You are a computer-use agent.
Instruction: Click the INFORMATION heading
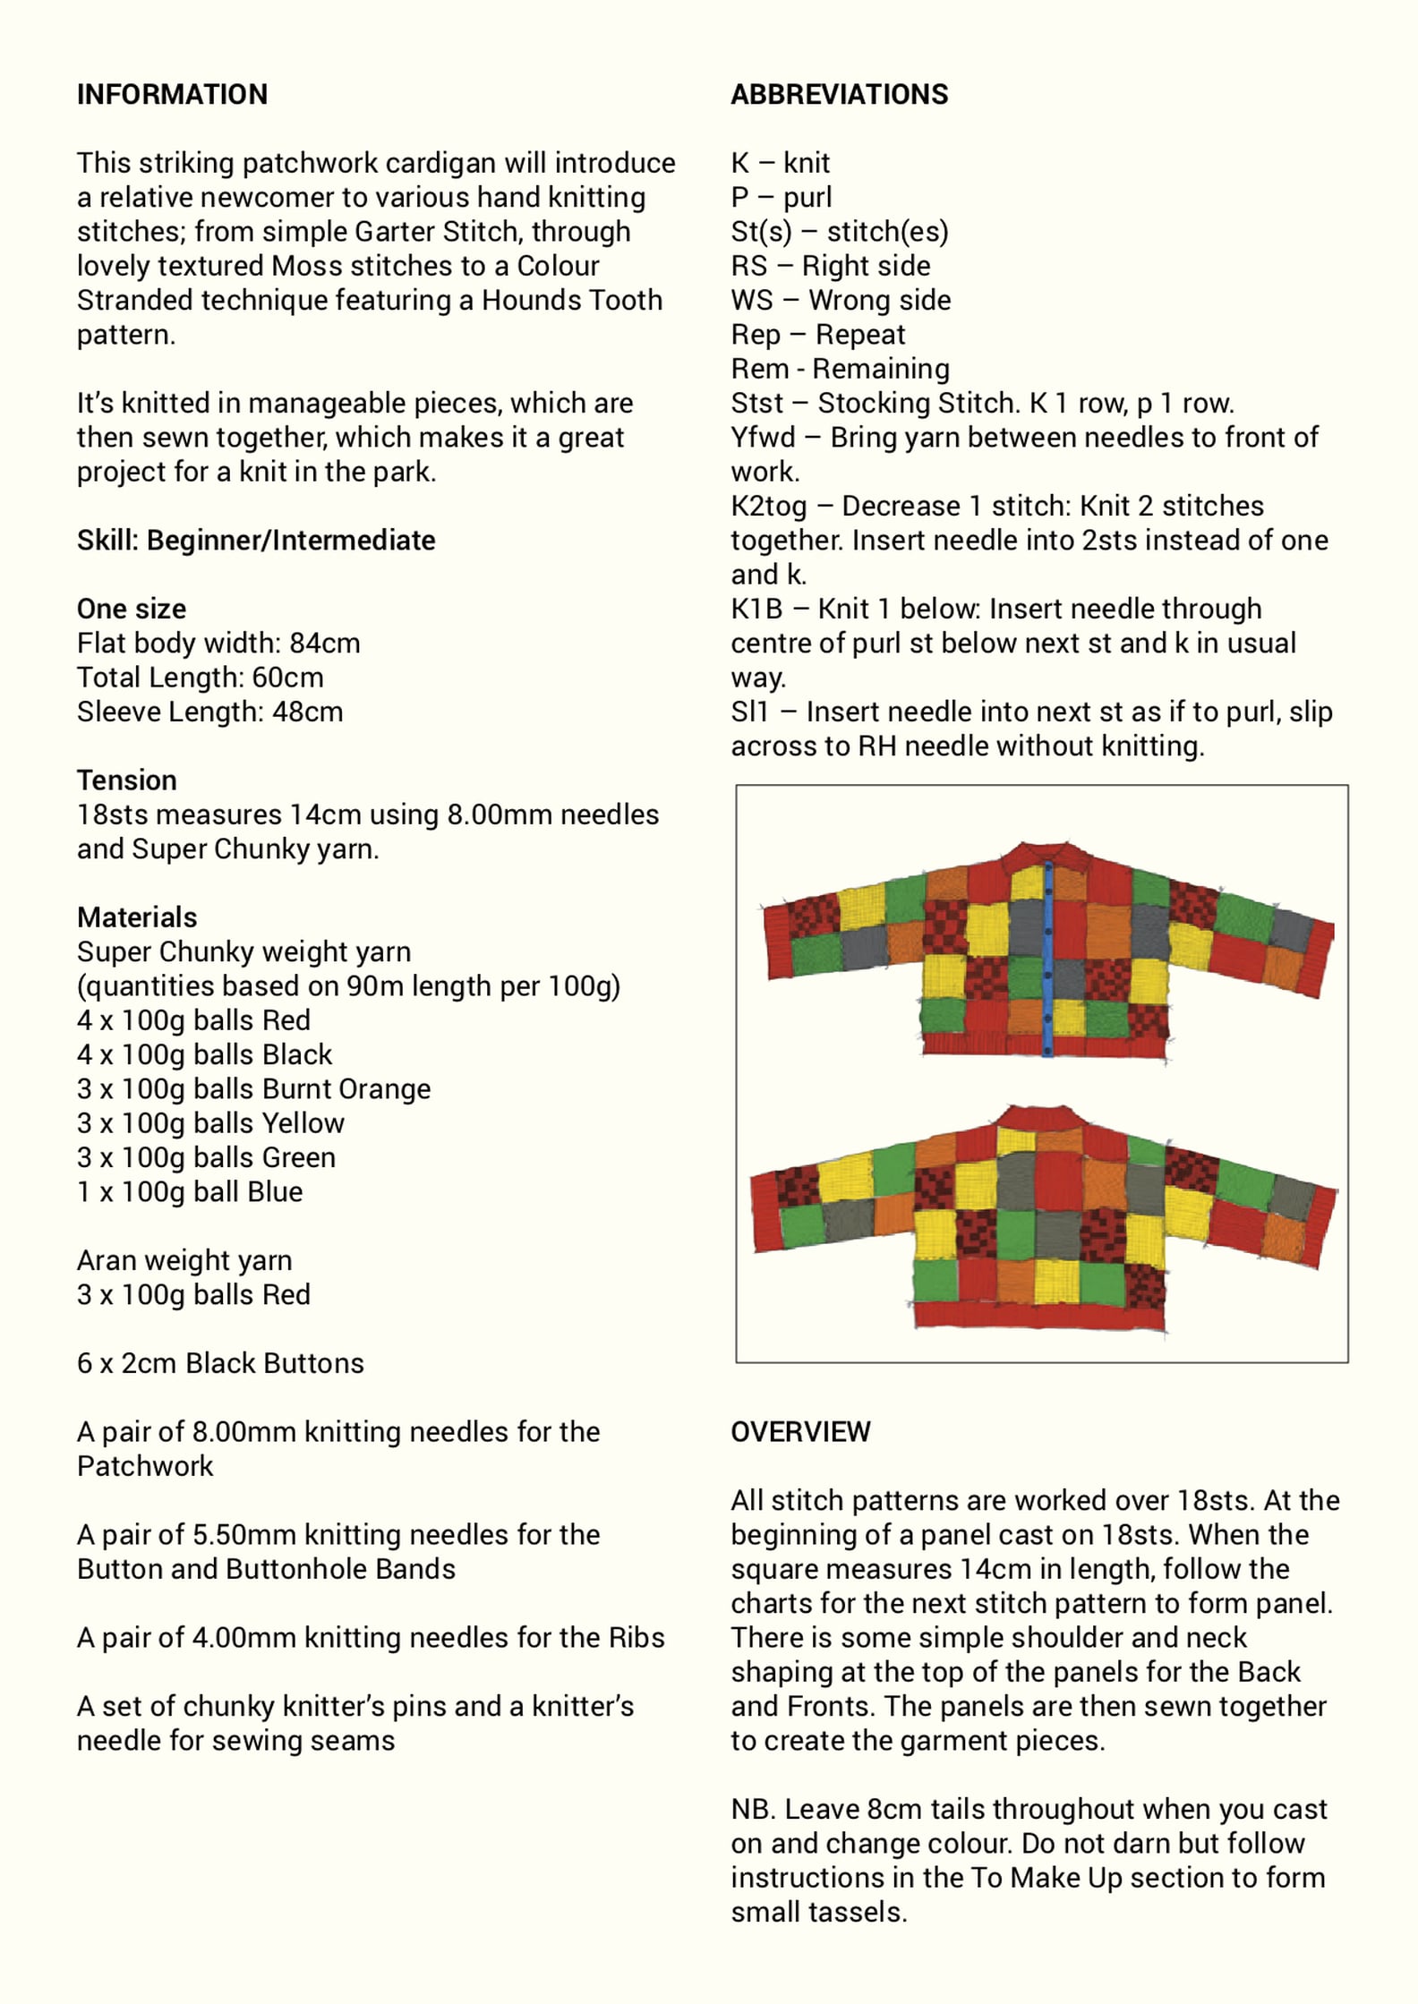tap(172, 94)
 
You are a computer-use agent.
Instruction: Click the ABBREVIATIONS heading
tap(839, 94)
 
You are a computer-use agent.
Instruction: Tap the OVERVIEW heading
tap(800, 1431)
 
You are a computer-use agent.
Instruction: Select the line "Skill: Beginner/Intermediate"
tap(256, 540)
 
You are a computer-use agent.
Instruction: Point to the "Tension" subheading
tap(126, 780)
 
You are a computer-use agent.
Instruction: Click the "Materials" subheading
tap(137, 917)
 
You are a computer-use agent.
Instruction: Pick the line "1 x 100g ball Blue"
tap(190, 1191)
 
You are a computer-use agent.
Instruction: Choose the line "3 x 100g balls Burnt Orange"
tap(253, 1088)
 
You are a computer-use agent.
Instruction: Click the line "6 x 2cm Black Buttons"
tap(220, 1362)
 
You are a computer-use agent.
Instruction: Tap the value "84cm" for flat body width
tap(325, 643)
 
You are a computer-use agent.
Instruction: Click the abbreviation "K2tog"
tap(768, 506)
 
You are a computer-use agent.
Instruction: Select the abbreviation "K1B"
tap(756, 609)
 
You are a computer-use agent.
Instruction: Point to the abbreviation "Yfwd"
tap(763, 437)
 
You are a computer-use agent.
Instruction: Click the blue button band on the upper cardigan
tap(1047, 958)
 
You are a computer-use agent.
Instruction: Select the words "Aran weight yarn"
tap(184, 1260)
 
